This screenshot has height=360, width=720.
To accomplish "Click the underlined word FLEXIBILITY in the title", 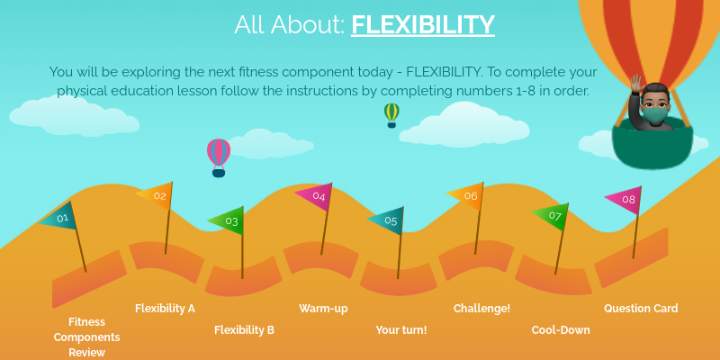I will point(423,24).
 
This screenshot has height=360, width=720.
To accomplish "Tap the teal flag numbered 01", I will point(61,217).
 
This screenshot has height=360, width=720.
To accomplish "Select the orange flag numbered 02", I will point(157,195).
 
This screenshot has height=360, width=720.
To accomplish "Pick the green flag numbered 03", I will point(229,220).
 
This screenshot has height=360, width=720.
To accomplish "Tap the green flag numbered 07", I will point(553,216).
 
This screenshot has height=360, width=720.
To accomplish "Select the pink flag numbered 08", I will point(626,200).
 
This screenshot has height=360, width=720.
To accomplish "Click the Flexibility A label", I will point(165,309).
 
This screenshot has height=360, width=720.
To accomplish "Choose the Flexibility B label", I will point(244,330).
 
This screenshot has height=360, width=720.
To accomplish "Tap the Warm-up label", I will point(323,309).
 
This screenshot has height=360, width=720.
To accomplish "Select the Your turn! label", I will point(401,330).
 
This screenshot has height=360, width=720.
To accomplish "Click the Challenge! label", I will point(481,309).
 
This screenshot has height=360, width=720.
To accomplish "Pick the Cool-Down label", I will point(561,330).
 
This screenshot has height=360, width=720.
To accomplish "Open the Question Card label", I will point(641,309).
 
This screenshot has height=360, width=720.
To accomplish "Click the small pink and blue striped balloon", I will point(219,154).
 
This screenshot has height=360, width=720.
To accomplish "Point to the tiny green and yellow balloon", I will point(391,112).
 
